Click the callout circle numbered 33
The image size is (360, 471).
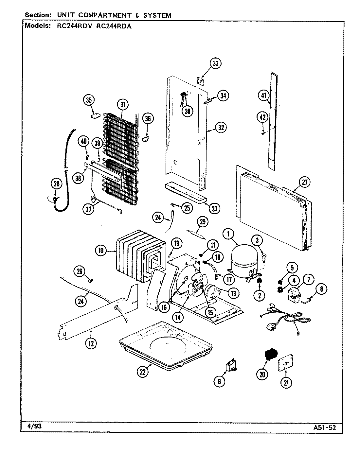point(215,63)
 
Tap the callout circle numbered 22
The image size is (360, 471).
point(142,371)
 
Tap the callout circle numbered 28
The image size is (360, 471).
point(57,184)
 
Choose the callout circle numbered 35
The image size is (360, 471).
point(89,100)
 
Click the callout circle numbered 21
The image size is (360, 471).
point(286,382)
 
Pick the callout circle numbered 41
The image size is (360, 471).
point(264,96)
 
